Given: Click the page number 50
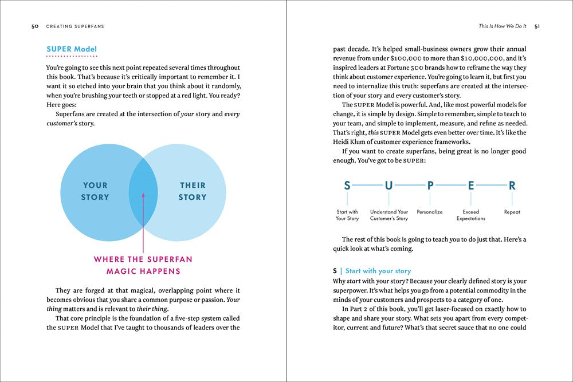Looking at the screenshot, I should point(34,26).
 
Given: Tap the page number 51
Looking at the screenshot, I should point(537,26).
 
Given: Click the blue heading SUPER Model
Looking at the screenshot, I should point(72,49).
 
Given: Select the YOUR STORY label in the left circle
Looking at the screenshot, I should point(95,191).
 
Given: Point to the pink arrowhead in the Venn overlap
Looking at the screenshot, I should point(143,196).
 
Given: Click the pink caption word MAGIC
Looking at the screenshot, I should point(126,271).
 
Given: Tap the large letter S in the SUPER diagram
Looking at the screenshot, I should point(347,186).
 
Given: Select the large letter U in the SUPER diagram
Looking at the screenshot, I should point(389,186).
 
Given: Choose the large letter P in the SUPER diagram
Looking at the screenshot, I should point(430,186).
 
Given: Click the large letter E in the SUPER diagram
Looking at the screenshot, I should point(471,186).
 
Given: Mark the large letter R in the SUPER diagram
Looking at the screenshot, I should point(512,186).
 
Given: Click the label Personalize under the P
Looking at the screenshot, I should point(430,212).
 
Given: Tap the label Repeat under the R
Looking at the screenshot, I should point(512,212).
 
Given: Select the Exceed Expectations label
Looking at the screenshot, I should point(471,215).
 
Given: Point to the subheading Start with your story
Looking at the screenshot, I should point(378,271).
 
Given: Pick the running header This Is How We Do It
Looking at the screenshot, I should point(503,26).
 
